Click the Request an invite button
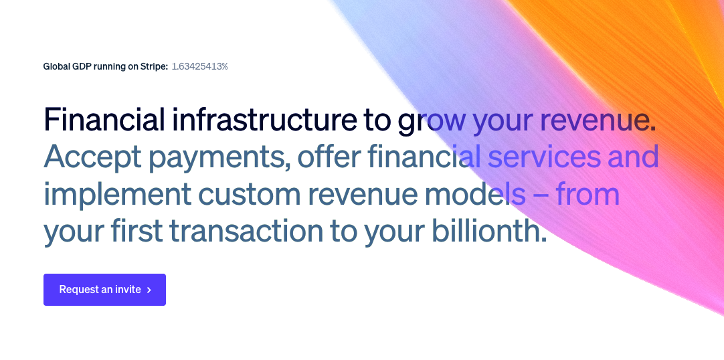(x=104, y=290)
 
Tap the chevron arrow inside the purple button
(x=149, y=290)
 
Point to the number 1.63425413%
(x=199, y=66)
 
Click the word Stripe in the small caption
(x=153, y=66)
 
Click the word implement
(x=116, y=195)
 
